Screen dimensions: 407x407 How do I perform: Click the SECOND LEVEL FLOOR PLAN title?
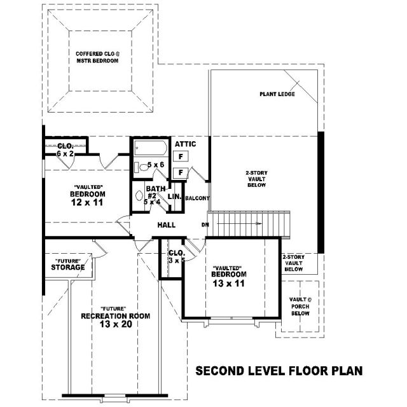(x=279, y=371)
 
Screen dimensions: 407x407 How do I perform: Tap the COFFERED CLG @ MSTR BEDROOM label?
(x=97, y=57)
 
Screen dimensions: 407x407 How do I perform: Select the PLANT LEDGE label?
(x=277, y=94)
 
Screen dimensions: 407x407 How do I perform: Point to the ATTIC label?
(x=185, y=144)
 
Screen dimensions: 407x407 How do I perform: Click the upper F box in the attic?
(x=181, y=156)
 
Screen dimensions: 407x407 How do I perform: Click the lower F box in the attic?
(x=181, y=172)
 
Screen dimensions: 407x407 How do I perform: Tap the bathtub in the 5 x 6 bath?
(x=151, y=148)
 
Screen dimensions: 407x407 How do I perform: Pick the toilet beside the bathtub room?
(x=142, y=167)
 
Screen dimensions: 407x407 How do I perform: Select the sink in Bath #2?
(x=139, y=195)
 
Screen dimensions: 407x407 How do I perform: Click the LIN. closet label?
(x=174, y=197)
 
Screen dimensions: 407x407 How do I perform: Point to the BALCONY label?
(x=197, y=198)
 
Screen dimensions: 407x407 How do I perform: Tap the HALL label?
(x=167, y=224)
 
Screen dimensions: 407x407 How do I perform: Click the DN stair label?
(x=205, y=224)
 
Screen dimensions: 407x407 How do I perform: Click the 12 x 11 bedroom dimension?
(x=87, y=202)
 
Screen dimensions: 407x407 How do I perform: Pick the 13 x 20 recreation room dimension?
(x=116, y=324)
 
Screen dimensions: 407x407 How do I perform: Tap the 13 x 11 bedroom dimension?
(x=229, y=284)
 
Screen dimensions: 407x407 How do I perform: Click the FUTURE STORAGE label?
(x=68, y=265)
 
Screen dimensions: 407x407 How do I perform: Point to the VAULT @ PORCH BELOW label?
(x=300, y=307)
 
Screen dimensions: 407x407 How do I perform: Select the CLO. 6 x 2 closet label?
(x=65, y=150)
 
